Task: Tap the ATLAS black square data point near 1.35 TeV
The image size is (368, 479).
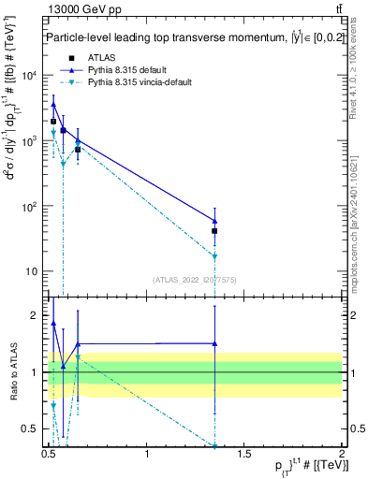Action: pyautogui.click(x=215, y=230)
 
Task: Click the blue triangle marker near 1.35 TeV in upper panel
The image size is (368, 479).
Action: pyautogui.click(x=215, y=221)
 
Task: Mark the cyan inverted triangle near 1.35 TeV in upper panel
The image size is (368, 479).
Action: pyautogui.click(x=215, y=256)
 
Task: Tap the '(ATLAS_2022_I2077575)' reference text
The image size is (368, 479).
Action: pyautogui.click(x=195, y=279)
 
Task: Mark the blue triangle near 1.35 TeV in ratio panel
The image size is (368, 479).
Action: pyautogui.click(x=215, y=343)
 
